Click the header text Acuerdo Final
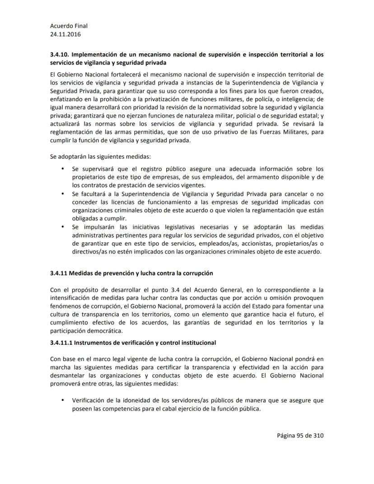point(69,26)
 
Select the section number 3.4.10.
point(61,55)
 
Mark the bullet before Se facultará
point(61,193)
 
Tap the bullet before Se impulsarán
point(61,226)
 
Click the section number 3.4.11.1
point(61,343)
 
